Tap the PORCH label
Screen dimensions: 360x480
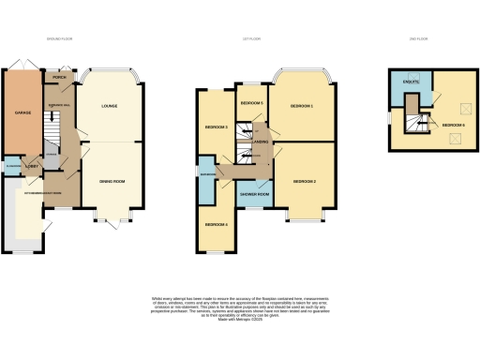coord(59,80)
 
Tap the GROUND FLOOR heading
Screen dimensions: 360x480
coord(59,39)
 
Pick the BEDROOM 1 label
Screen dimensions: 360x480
coord(300,106)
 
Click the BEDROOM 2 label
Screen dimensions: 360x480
coord(303,180)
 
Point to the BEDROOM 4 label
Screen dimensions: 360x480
coord(217,223)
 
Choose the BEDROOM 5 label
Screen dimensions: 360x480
coord(250,102)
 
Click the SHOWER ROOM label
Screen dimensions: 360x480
coord(255,194)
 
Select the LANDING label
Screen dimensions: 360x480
coord(259,142)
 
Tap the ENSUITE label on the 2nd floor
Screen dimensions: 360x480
coord(410,83)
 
